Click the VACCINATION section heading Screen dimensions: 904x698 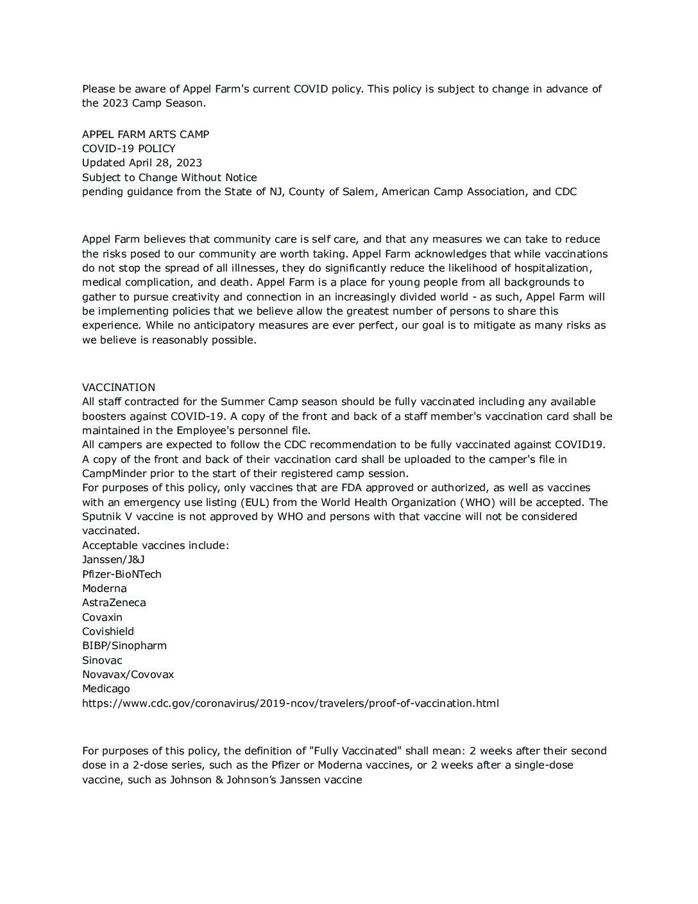119,387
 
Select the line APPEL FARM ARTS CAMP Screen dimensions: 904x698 146,134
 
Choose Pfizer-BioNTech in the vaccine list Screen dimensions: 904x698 122,574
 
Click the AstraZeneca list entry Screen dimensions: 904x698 114,602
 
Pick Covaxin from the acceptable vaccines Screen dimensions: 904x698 102,617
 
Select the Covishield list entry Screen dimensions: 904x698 108,631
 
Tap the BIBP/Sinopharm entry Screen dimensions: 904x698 124,645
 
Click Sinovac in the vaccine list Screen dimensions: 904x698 102,660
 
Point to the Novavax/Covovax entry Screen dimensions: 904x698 128,674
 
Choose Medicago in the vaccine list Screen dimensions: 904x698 106,688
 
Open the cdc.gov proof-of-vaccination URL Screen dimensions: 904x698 290,703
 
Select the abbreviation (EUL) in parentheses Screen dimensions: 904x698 253,502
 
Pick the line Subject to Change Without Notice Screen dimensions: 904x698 169,177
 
